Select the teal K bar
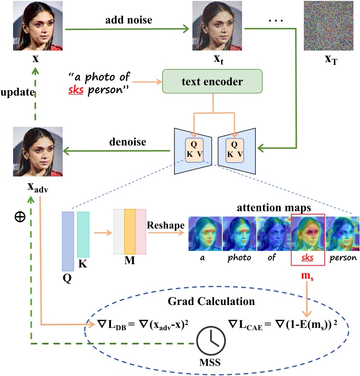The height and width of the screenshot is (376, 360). click(83, 234)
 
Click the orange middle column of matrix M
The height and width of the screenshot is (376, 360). click(130, 231)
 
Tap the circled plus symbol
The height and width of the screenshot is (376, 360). click(20, 217)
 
